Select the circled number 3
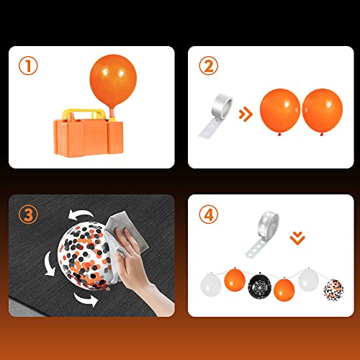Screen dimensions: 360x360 point(30,214)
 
